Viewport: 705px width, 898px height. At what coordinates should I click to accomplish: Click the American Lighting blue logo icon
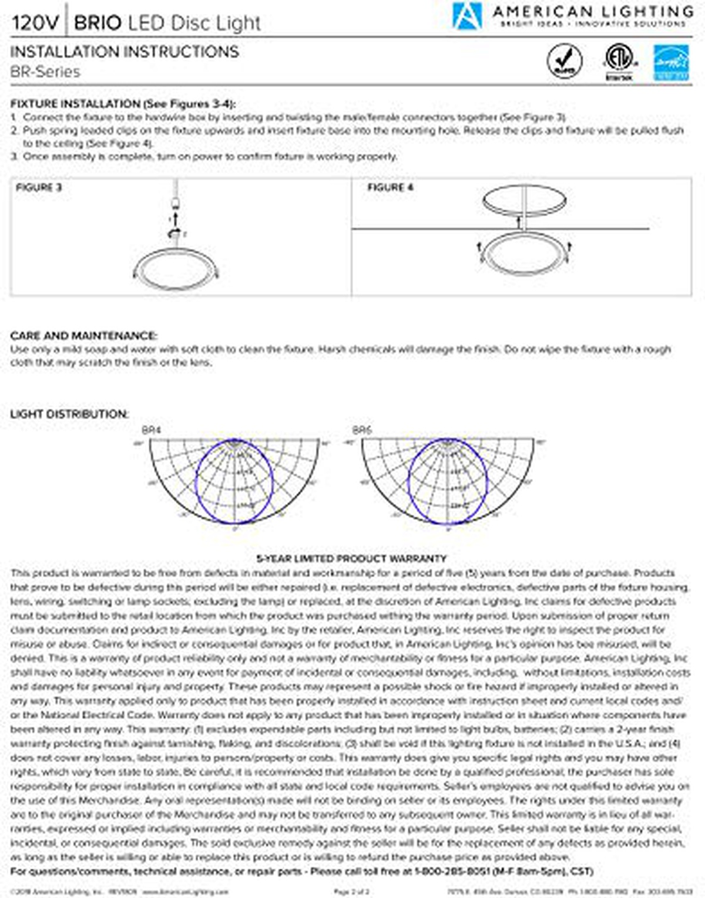[x=467, y=15]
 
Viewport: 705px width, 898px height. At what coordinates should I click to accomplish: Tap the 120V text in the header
[x=35, y=23]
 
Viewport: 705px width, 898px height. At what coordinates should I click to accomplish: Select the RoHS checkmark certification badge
[x=565, y=61]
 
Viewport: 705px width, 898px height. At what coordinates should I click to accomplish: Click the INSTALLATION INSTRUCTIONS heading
[x=125, y=52]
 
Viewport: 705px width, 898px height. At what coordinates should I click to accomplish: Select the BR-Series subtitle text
[x=45, y=72]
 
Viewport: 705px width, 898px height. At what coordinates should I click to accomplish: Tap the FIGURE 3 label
[x=39, y=188]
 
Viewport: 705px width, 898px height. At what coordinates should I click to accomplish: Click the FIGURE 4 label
[x=390, y=188]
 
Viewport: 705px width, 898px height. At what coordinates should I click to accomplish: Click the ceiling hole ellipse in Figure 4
[x=525, y=200]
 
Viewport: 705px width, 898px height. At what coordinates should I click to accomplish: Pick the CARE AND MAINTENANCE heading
[x=83, y=336]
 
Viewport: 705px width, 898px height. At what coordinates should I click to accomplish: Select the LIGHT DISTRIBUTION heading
[x=69, y=414]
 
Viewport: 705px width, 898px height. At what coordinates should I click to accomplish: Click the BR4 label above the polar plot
[x=152, y=430]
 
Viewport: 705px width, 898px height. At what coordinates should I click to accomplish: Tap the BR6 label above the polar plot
[x=362, y=430]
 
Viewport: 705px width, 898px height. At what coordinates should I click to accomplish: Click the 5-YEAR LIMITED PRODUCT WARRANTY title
[x=351, y=558]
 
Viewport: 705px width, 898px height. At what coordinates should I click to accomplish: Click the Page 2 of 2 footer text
[x=352, y=892]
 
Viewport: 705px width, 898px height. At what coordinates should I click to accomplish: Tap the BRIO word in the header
[x=98, y=23]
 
